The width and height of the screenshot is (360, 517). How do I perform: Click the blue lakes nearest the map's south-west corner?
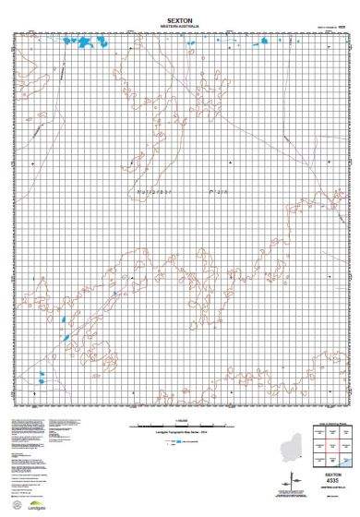click(42, 377)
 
